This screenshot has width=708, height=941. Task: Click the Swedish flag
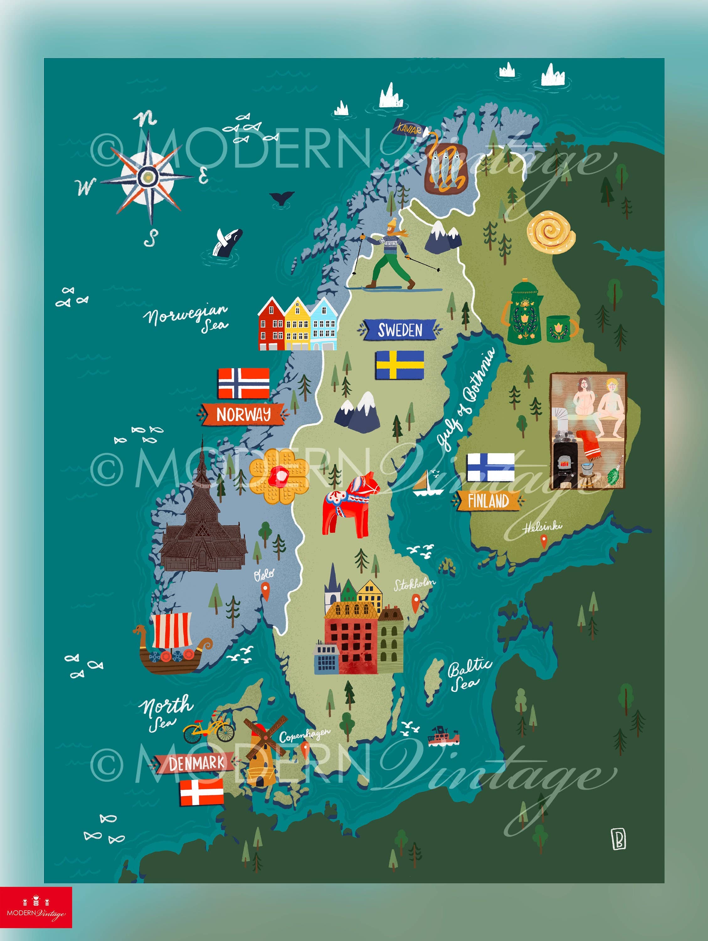click(x=400, y=364)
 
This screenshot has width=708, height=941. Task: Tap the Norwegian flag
click(x=244, y=383)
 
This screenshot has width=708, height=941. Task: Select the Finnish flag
click(x=490, y=467)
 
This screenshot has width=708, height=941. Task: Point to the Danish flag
click(x=202, y=792)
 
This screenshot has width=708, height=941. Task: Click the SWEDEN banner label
click(x=400, y=330)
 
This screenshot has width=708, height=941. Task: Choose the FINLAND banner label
click(x=488, y=501)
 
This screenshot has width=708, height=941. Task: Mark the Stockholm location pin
click(x=415, y=602)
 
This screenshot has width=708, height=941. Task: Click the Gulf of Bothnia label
click(x=468, y=398)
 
